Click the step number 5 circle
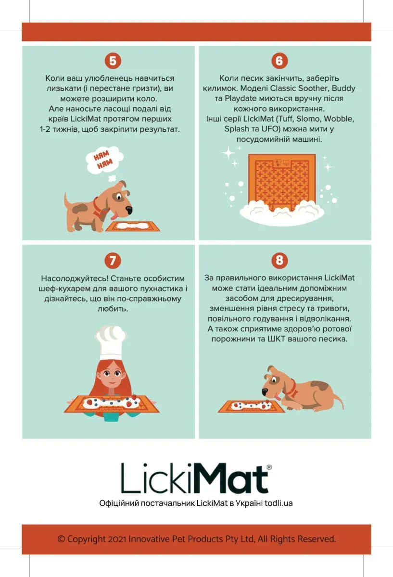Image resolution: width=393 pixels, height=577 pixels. click(x=113, y=61)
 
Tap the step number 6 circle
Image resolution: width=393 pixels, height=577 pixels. click(x=279, y=61)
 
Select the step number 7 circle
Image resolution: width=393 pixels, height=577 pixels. click(x=113, y=261)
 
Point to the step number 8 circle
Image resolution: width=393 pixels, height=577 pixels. click(x=279, y=261)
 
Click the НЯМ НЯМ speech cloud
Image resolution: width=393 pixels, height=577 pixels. click(x=105, y=160)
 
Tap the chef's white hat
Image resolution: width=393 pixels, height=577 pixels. click(x=111, y=342)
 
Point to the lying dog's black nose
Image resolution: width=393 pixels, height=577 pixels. click(x=265, y=392)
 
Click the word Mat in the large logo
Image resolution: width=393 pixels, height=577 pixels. click(x=228, y=478)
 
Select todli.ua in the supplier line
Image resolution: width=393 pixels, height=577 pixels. click(x=279, y=503)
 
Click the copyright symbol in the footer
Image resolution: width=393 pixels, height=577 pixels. click(x=61, y=539)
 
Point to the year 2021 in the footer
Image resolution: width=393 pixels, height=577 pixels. click(x=117, y=539)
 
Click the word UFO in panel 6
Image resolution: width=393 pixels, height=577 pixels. click(x=269, y=129)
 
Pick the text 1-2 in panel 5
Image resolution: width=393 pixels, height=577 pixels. click(x=45, y=129)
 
